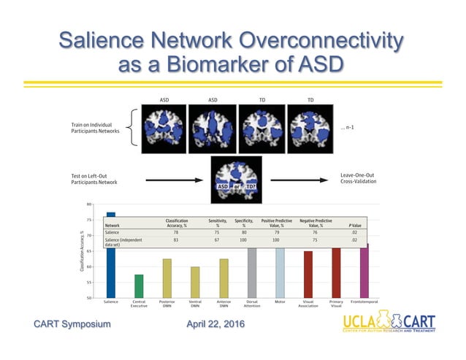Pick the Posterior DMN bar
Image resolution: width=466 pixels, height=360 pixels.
167,277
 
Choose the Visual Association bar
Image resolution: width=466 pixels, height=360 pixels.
308,274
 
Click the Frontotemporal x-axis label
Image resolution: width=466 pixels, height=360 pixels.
364,302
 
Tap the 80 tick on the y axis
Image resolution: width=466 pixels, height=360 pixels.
88,204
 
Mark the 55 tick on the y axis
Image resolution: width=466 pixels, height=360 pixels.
88,283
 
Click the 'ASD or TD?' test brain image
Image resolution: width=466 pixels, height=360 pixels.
236,178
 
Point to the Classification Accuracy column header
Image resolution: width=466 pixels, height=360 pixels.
181,223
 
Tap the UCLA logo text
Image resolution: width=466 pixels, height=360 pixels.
362,322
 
